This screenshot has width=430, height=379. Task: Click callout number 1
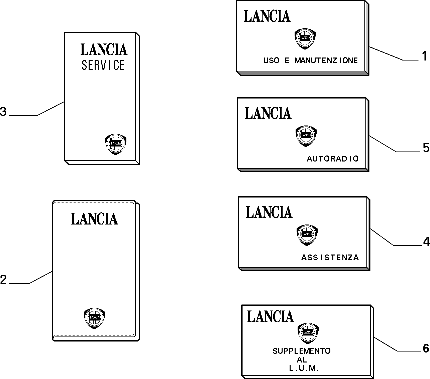click(424, 56)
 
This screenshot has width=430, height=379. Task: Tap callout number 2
click(3, 280)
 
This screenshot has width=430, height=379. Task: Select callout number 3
click(3, 111)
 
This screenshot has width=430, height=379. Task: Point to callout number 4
click(426, 241)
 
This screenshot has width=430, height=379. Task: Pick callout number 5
click(426, 148)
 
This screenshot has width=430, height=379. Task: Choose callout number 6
click(426, 348)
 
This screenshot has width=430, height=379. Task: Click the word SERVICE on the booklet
click(103, 65)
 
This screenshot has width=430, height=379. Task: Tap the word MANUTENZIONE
click(326, 60)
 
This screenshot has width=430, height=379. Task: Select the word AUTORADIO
click(333, 158)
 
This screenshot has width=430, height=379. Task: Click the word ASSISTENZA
click(330, 257)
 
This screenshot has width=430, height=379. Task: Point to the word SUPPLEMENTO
click(302, 351)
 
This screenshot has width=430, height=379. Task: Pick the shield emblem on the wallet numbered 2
click(94, 318)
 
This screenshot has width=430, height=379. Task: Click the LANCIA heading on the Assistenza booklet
click(269, 212)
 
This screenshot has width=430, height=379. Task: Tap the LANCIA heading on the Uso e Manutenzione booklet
click(267, 16)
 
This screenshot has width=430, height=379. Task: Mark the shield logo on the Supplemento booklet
click(308, 333)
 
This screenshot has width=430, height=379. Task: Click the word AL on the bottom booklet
click(302, 360)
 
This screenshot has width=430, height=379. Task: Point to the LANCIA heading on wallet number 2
click(94, 218)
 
